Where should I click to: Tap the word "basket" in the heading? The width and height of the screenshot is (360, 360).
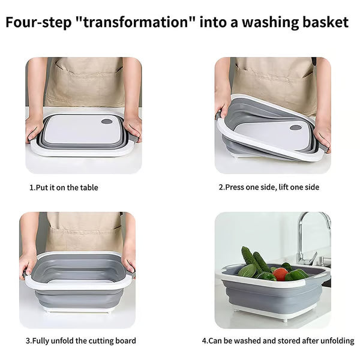tap(325, 23)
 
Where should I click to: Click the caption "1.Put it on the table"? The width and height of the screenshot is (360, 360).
tap(64, 188)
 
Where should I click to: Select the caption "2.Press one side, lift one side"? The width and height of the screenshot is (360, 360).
tap(269, 187)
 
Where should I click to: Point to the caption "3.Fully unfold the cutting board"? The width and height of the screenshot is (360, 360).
tap(80, 341)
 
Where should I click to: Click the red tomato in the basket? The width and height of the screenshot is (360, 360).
tap(280, 274)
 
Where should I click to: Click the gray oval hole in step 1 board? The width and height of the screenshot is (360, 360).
tap(107, 121)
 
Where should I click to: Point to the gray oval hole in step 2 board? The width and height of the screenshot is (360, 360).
tap(295, 127)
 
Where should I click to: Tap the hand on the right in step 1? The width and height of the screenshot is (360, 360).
tap(133, 126)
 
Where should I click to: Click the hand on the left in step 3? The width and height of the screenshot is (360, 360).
tap(28, 264)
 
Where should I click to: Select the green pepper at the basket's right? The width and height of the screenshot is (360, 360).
tap(298, 275)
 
